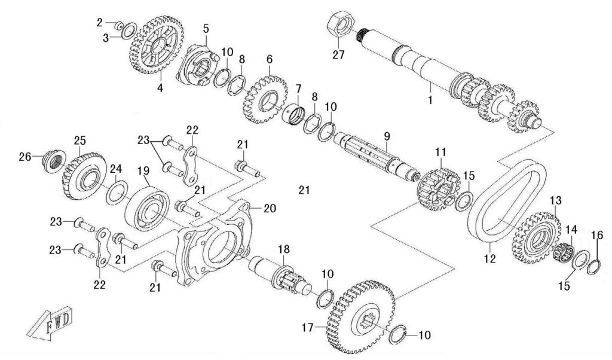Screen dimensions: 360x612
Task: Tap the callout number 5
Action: point(206,28)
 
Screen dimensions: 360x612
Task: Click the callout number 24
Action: point(115,168)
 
